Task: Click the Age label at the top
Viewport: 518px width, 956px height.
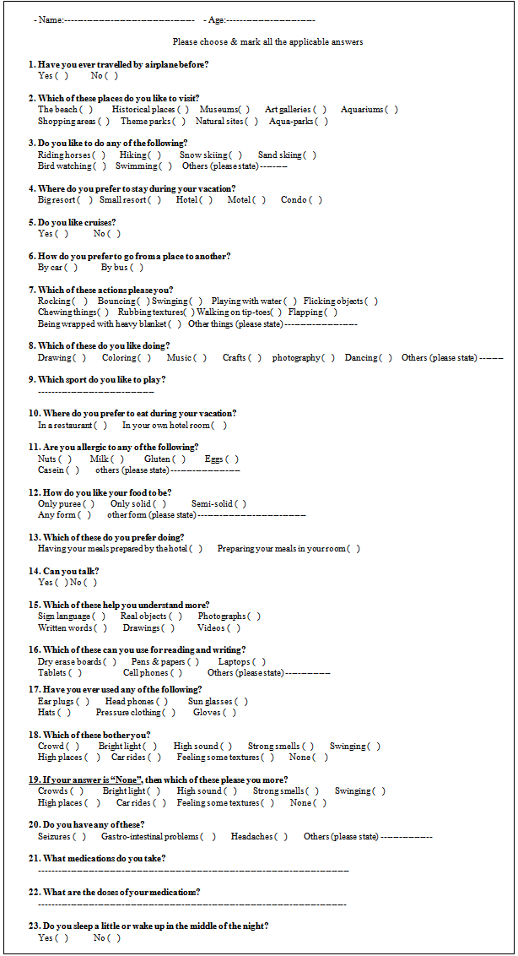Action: coord(214,19)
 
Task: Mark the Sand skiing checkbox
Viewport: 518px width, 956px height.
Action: coord(310,155)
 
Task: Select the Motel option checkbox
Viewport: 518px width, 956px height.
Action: coord(259,200)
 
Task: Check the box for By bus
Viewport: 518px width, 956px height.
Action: coord(137,268)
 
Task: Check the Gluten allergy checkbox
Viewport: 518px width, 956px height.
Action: coord(180,459)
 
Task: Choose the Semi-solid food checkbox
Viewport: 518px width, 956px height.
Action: coord(240,504)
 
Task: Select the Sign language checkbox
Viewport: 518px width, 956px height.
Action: coord(100,617)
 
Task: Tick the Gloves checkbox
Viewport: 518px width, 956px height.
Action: coord(230,713)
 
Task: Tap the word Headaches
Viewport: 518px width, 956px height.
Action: coord(250,837)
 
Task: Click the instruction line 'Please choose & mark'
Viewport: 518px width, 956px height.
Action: coord(268,42)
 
